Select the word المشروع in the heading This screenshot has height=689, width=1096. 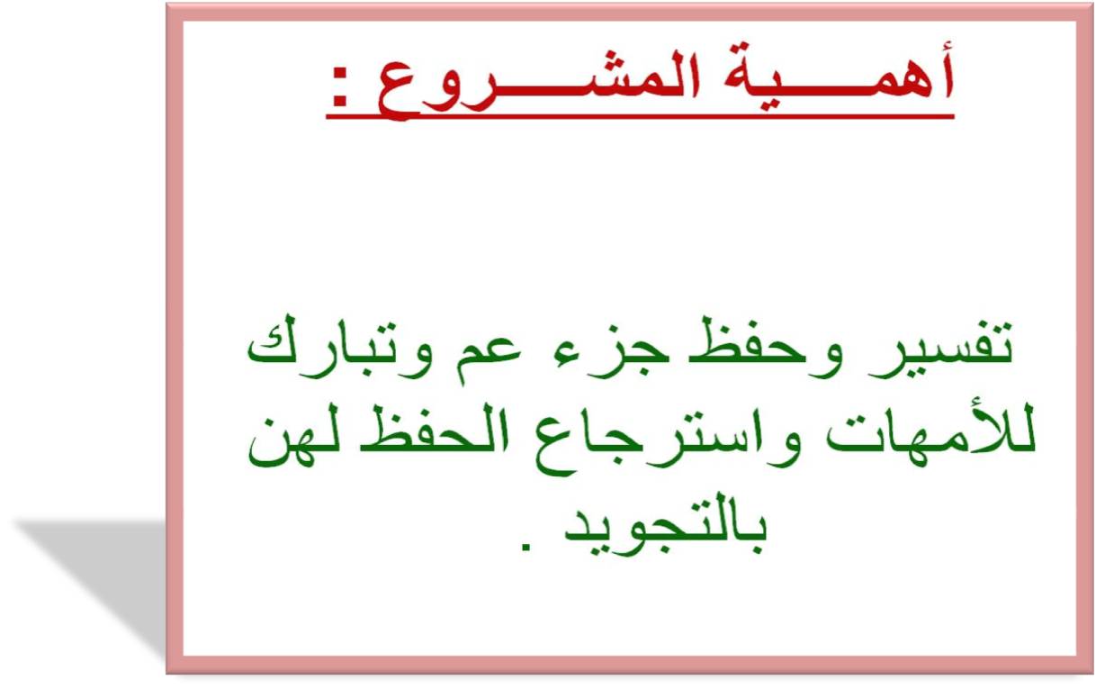(539, 83)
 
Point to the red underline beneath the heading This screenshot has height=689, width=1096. (640, 116)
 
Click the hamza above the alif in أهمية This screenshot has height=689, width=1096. (944, 48)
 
